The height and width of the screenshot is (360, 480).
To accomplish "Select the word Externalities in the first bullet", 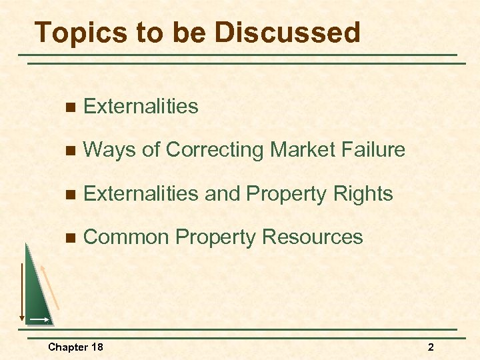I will (141, 106).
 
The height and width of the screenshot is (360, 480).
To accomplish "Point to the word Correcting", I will (215, 150).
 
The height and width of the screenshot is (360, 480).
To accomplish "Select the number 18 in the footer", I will (97, 347).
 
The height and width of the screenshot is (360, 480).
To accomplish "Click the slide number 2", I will (431, 347).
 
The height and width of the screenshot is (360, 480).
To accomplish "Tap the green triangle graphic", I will (37, 293).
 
